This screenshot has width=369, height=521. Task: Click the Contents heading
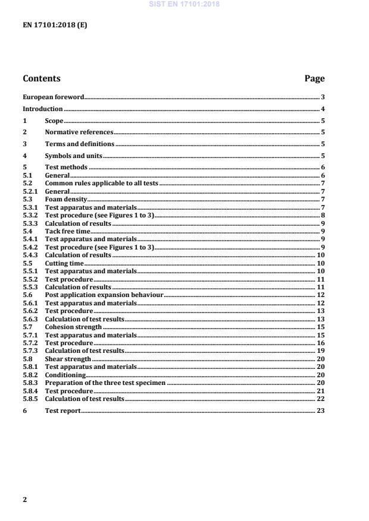[41, 78]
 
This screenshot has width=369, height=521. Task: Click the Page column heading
[314, 78]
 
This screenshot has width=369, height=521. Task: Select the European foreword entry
[53, 97]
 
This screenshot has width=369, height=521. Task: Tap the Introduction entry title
[42, 109]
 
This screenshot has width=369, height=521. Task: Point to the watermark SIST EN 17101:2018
[185, 4]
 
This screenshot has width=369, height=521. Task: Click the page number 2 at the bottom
[24, 500]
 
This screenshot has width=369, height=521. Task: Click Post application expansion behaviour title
[104, 295]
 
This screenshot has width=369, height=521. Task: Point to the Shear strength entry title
[68, 359]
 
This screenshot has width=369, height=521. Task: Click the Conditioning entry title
[65, 375]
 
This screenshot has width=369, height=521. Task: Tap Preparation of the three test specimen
[106, 383]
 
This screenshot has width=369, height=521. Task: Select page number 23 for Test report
[320, 411]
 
